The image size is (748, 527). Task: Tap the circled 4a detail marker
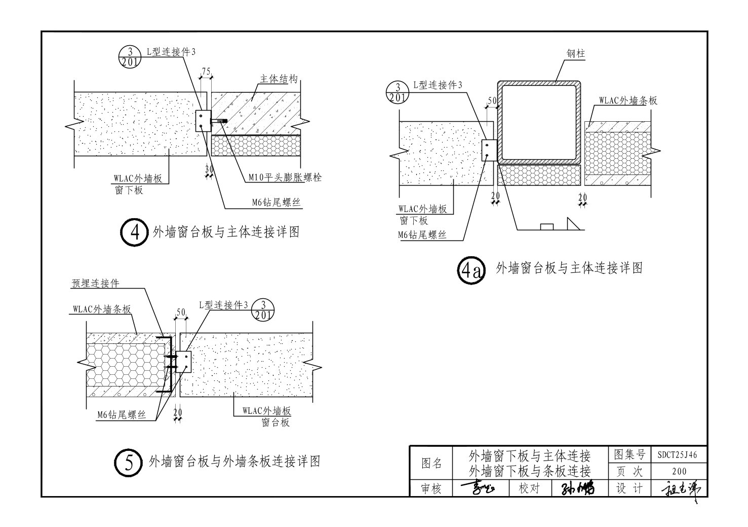[x=471, y=269]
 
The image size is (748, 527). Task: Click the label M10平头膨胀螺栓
[x=285, y=178]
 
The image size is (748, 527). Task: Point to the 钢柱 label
[x=576, y=53]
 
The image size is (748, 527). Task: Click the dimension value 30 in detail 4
[x=209, y=169]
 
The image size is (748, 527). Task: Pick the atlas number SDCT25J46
[x=678, y=455]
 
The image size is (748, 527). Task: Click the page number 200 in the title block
[x=679, y=472]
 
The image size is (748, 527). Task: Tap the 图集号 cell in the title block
[x=629, y=455]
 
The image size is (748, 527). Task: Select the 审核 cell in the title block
[x=431, y=488]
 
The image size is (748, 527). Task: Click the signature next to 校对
[x=577, y=488]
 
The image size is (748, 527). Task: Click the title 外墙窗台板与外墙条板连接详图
[x=234, y=462]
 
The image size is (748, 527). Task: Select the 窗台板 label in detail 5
[x=275, y=421]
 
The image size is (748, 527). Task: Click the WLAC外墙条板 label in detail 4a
[x=628, y=100]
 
